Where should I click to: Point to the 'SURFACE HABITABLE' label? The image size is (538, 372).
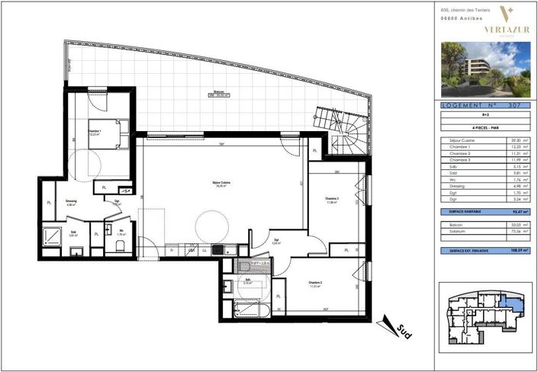(466, 211)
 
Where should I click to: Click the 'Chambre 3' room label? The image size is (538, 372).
(331, 200)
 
